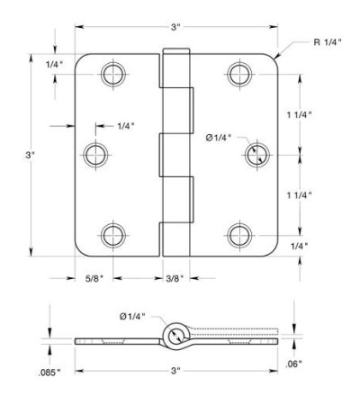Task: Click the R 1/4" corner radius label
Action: [x=328, y=42]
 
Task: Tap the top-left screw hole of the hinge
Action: [x=113, y=74]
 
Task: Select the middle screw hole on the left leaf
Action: [x=95, y=155]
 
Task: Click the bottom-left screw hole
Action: [x=113, y=236]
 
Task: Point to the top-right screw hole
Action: [x=239, y=74]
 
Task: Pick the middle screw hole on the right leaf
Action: [x=257, y=155]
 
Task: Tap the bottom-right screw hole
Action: [x=239, y=236]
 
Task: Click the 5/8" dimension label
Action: [x=94, y=279]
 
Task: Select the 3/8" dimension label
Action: [x=175, y=279]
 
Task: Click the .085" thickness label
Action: [x=49, y=373]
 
